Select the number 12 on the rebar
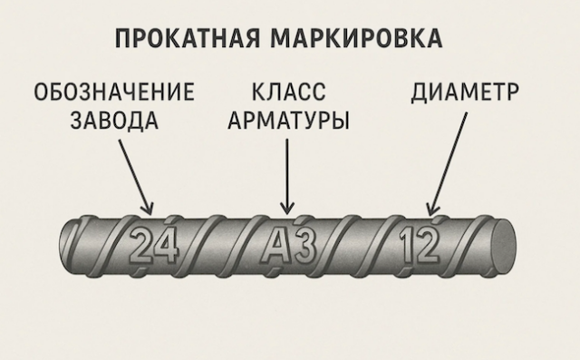[419, 244]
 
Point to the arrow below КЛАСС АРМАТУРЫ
[287, 172]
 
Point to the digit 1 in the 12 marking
[407, 244]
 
